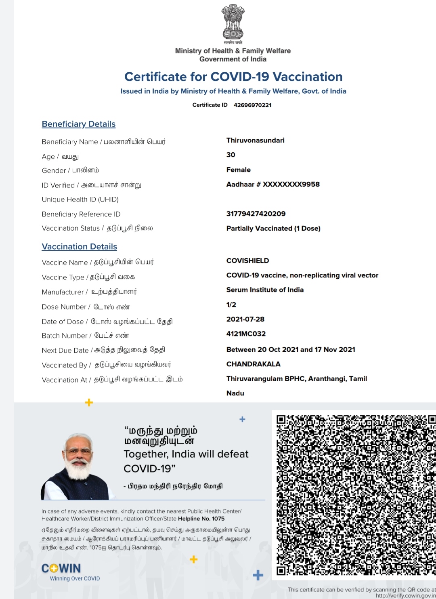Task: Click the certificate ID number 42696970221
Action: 252,105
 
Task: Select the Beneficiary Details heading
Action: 79,124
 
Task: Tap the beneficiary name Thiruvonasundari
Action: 255,140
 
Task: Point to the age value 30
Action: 231,155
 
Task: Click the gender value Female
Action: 239,170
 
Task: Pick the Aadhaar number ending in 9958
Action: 273,184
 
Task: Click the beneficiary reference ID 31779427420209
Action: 256,214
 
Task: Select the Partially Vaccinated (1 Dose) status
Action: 273,228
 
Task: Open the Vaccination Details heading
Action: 80,247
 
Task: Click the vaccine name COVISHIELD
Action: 247,261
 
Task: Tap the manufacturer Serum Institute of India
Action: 265,290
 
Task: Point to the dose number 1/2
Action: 231,305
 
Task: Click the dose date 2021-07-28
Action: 245,319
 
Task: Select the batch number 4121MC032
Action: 246,334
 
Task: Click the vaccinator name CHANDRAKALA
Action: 253,364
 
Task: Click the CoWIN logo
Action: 61,569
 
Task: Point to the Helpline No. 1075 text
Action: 201,519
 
